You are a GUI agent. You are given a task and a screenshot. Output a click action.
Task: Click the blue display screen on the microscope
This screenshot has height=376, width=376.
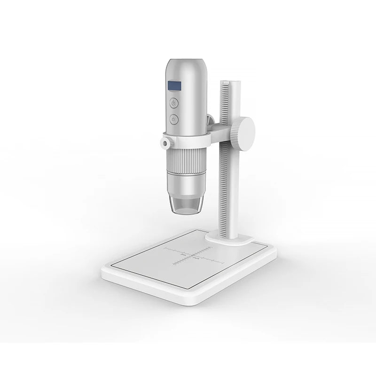tap(174, 86)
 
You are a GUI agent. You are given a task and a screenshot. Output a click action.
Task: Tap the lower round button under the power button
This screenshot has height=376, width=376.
tap(174, 119)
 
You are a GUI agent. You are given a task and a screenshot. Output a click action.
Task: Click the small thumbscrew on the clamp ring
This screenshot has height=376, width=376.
tap(165, 142)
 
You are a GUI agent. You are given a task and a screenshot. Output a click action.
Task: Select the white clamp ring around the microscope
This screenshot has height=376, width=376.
tap(188, 139)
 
